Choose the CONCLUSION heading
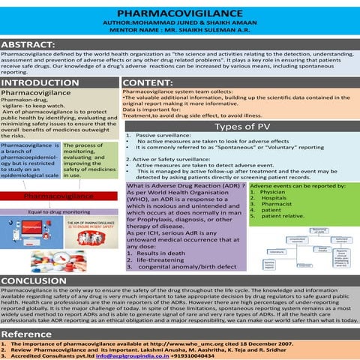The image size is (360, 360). pos(35,280)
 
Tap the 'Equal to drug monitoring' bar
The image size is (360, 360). pos(59,212)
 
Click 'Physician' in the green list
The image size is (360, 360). pos(277,193)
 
